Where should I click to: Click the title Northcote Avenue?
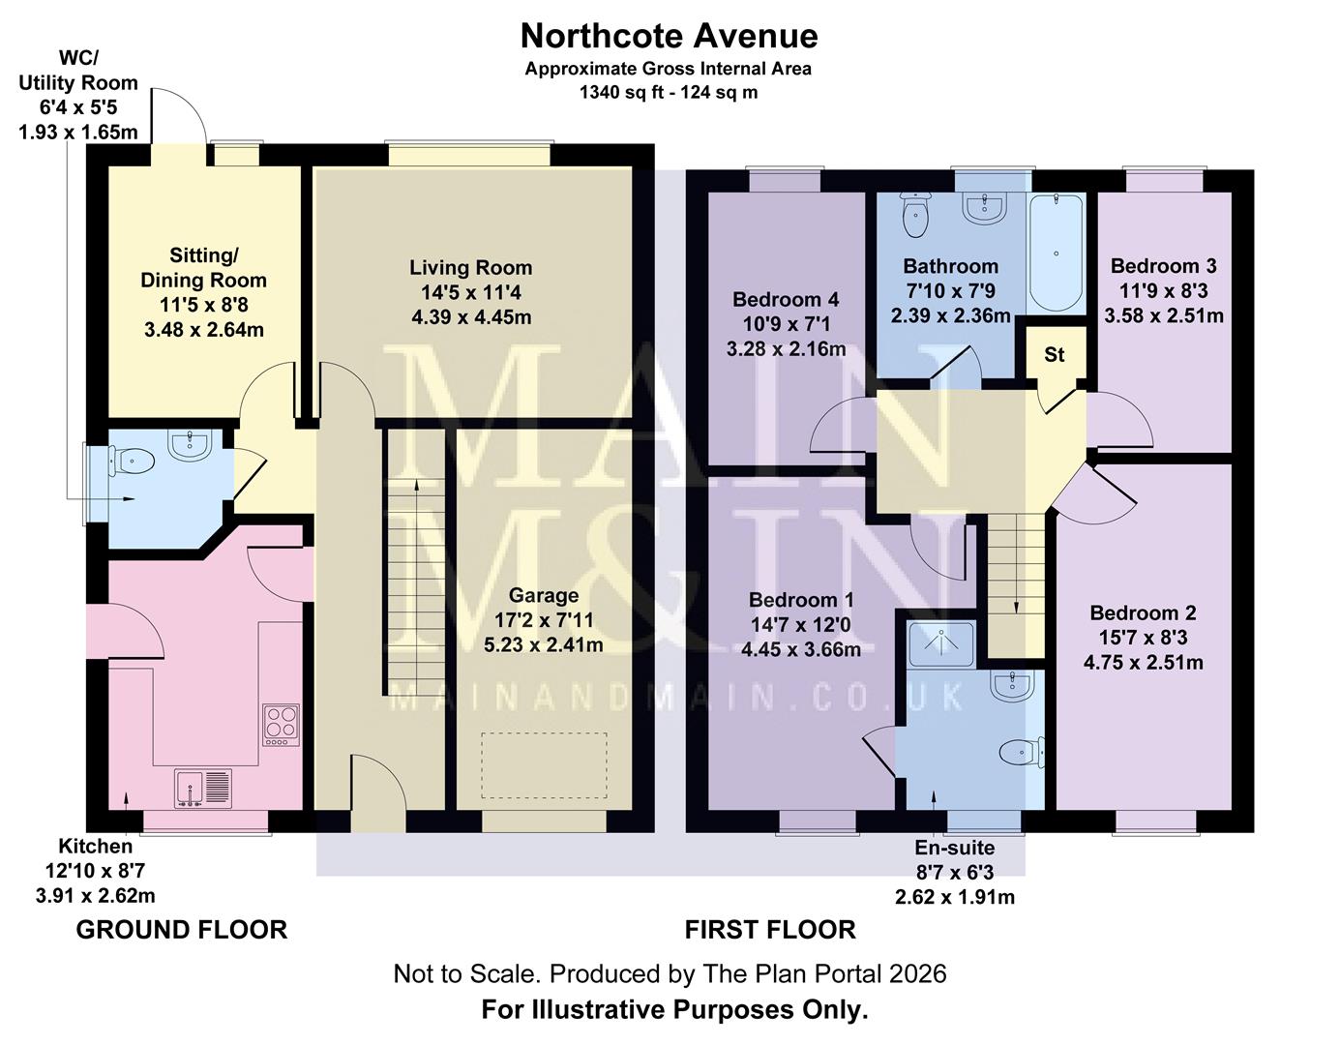pyautogui.click(x=669, y=36)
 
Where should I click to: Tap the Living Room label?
pyautogui.click(x=470, y=268)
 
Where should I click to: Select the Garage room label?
pyautogui.click(x=544, y=596)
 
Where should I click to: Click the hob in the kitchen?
pyautogui.click(x=282, y=723)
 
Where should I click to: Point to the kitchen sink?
pyautogui.click(x=203, y=788)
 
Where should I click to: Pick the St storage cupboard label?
pyautogui.click(x=1054, y=355)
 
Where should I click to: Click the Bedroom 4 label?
pyautogui.click(x=786, y=300)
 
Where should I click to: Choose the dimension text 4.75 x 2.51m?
pyautogui.click(x=1143, y=663)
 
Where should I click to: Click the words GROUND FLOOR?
pyautogui.click(x=182, y=930)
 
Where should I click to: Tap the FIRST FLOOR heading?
pyautogui.click(x=770, y=930)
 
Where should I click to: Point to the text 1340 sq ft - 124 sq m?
pyautogui.click(x=669, y=93)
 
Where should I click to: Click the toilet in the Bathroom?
pyautogui.click(x=914, y=215)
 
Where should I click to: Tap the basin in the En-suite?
pyautogui.click(x=1012, y=685)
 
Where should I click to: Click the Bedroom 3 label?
pyautogui.click(x=1163, y=266)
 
